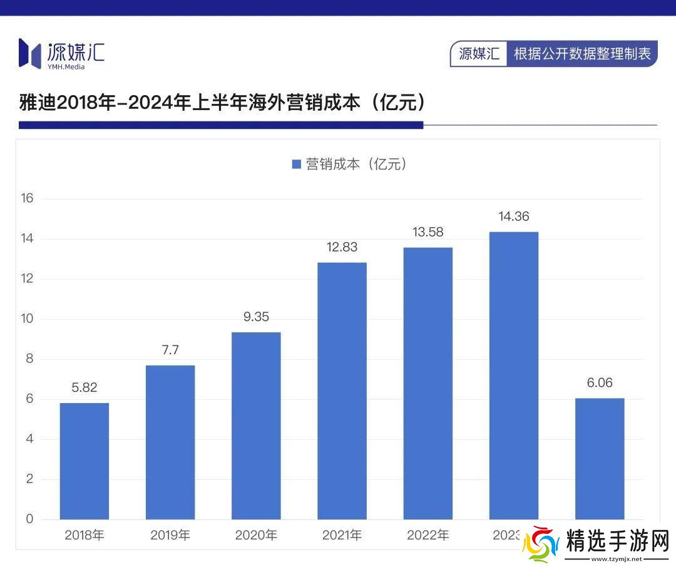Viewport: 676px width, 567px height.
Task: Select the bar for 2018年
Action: pyautogui.click(x=84, y=461)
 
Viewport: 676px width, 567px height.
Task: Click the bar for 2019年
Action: pyautogui.click(x=170, y=442)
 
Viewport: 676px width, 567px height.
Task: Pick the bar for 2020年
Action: pyautogui.click(x=256, y=426)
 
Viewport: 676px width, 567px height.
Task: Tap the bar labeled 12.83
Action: pyautogui.click(x=342, y=391)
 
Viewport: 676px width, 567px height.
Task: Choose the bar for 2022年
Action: pyautogui.click(x=428, y=383)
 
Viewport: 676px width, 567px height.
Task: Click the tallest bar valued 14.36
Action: pyautogui.click(x=513, y=375)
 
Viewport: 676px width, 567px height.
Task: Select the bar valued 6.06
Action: pyautogui.click(x=600, y=458)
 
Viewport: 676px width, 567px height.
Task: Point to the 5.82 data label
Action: pyautogui.click(x=84, y=387)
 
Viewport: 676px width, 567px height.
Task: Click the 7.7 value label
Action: pyautogui.click(x=170, y=350)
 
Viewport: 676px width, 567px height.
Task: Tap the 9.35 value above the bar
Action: pyautogui.click(x=256, y=317)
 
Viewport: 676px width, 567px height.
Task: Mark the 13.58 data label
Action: pyautogui.click(x=428, y=232)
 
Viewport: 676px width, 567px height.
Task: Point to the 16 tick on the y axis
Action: pyautogui.click(x=27, y=198)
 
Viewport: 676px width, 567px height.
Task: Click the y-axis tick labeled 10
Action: pyautogui.click(x=27, y=319)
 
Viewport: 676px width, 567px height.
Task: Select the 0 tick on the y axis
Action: pyautogui.click(x=29, y=519)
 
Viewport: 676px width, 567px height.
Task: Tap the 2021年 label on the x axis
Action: pyautogui.click(x=342, y=535)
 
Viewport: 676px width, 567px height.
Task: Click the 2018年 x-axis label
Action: pyautogui.click(x=84, y=535)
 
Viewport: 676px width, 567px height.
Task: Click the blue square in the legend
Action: pyautogui.click(x=297, y=164)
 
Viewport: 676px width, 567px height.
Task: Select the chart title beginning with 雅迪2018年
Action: pyautogui.click(x=223, y=102)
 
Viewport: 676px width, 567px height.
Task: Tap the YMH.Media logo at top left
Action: pyautogui.click(x=61, y=53)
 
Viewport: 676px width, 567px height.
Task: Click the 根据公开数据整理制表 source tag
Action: pyautogui.click(x=582, y=54)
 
